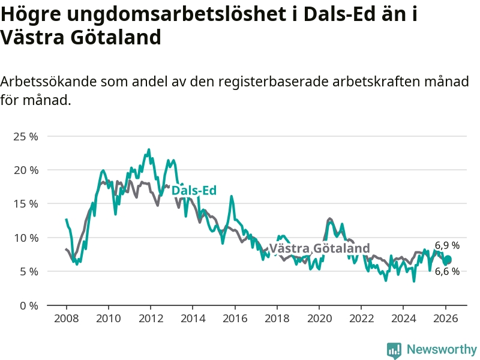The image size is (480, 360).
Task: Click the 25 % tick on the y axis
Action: pos(25,136)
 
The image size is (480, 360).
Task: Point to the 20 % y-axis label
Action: pos(25,170)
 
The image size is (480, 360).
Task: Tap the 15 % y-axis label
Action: pos(25,203)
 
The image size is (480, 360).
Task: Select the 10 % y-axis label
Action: pos(25,238)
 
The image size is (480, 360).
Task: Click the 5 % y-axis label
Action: pos(28,271)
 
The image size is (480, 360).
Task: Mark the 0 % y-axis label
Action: pos(28,305)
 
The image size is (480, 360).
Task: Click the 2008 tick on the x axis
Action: pos(65,318)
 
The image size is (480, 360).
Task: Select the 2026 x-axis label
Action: pos(446,318)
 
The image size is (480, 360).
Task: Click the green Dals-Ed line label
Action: pos(194,191)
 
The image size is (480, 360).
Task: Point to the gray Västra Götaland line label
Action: pos(319,248)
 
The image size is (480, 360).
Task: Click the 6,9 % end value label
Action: pos(447,245)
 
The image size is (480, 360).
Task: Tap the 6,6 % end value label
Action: pos(447,271)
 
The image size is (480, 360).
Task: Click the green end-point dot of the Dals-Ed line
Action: pos(447,260)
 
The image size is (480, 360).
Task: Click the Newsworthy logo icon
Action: pos(394,350)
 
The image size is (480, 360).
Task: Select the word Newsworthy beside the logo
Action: pos(442,349)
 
